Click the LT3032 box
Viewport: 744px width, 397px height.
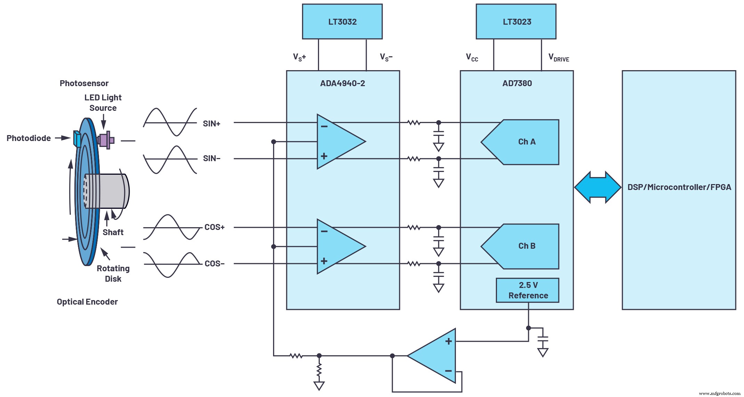click(x=342, y=22)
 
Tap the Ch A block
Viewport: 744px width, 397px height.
click(x=526, y=142)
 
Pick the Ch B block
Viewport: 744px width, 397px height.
click(x=526, y=246)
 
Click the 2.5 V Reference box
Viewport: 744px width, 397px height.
click(x=528, y=290)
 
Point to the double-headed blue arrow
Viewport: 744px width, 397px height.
click(x=598, y=187)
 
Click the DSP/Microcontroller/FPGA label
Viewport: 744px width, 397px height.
click(x=679, y=187)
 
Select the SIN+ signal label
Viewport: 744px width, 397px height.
click(x=212, y=124)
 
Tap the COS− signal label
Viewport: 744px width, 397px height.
click(x=214, y=264)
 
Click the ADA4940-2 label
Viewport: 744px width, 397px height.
click(x=343, y=83)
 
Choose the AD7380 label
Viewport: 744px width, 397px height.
click(x=517, y=83)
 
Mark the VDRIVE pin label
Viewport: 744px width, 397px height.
click(x=558, y=58)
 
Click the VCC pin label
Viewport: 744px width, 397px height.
click(x=472, y=58)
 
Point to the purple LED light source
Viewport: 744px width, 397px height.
click(x=105, y=140)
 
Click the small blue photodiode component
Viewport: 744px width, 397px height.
click(x=77, y=139)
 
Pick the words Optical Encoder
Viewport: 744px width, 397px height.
click(x=87, y=302)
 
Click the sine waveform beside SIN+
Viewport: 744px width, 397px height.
click(x=170, y=122)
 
